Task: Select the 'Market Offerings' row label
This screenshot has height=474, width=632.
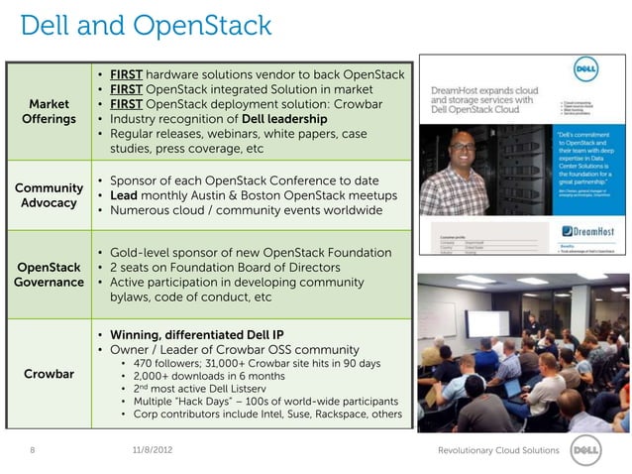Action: coord(49,112)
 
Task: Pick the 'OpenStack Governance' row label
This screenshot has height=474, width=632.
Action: coord(49,275)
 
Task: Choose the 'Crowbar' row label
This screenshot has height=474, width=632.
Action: coord(49,374)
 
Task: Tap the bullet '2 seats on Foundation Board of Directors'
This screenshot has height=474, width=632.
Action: coord(231,269)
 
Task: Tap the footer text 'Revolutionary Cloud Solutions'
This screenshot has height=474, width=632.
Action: coord(498,451)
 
